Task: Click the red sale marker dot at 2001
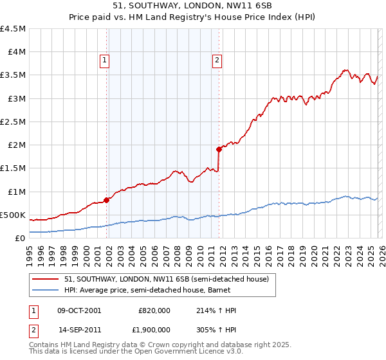coord(106,199)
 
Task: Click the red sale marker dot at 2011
coord(219,149)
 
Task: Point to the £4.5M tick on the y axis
coord(14,29)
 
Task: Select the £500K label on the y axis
coord(13,215)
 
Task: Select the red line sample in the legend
coord(46,279)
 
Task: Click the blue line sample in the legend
coord(46,291)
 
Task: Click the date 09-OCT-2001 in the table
coord(79,310)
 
